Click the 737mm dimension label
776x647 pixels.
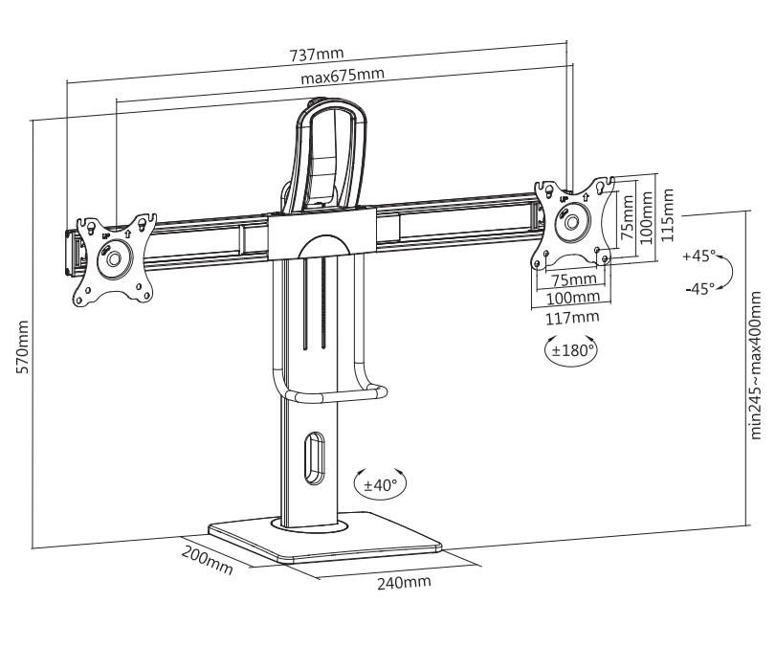(x=317, y=54)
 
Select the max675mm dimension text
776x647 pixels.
(x=343, y=76)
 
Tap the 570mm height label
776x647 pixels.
(x=23, y=347)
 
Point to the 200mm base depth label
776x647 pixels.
(x=207, y=560)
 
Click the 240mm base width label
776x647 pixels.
(x=404, y=582)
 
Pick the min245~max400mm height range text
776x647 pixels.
(x=755, y=366)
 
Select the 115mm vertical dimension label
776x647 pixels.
(x=668, y=214)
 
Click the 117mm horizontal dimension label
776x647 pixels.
(x=572, y=318)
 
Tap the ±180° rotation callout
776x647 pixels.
(x=572, y=351)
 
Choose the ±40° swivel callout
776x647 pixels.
(x=381, y=483)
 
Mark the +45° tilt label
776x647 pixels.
(x=698, y=256)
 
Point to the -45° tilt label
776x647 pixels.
(x=700, y=289)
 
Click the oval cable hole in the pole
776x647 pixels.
(x=314, y=458)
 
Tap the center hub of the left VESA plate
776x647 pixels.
(x=114, y=257)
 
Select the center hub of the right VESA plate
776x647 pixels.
(x=572, y=220)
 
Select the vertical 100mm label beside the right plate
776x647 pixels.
(x=646, y=218)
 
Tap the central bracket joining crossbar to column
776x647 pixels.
(x=322, y=234)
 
